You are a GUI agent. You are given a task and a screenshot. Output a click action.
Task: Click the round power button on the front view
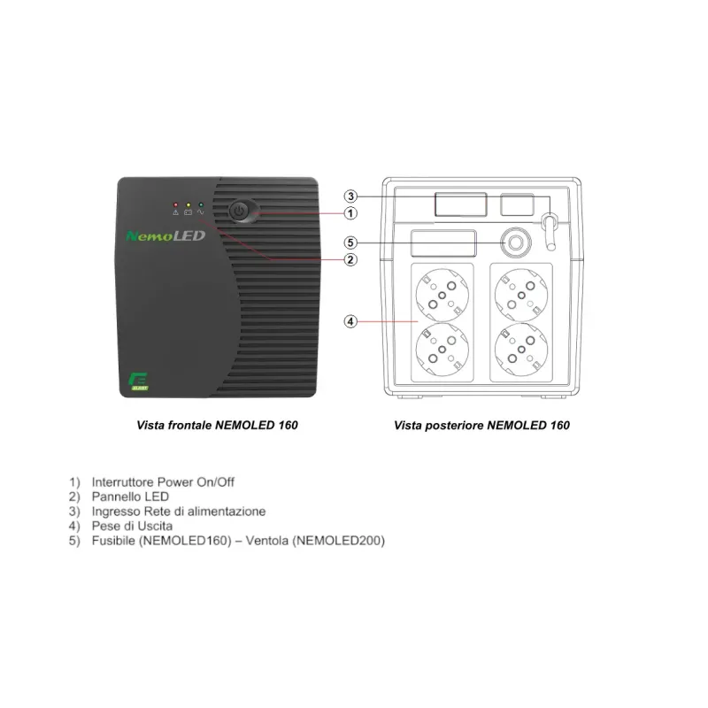click(x=240, y=212)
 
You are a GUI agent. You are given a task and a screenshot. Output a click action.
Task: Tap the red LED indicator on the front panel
click(x=176, y=205)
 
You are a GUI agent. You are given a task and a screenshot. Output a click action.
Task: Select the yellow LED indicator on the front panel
click(x=189, y=205)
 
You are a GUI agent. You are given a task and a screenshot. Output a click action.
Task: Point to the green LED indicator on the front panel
click(x=201, y=205)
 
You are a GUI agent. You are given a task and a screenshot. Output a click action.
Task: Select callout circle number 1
click(x=351, y=213)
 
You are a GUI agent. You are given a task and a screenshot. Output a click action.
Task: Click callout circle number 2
click(x=351, y=259)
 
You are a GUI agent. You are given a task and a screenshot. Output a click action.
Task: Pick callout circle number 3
click(x=351, y=196)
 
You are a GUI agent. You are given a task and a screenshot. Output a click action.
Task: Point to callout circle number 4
click(x=351, y=321)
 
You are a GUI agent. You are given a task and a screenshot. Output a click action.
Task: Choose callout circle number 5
click(x=351, y=242)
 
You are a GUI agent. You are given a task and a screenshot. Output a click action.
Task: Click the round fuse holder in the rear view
click(x=514, y=242)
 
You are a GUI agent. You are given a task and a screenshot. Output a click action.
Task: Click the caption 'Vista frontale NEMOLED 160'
click(x=218, y=426)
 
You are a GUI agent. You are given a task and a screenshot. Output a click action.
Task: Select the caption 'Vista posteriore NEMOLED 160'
click(x=481, y=426)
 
